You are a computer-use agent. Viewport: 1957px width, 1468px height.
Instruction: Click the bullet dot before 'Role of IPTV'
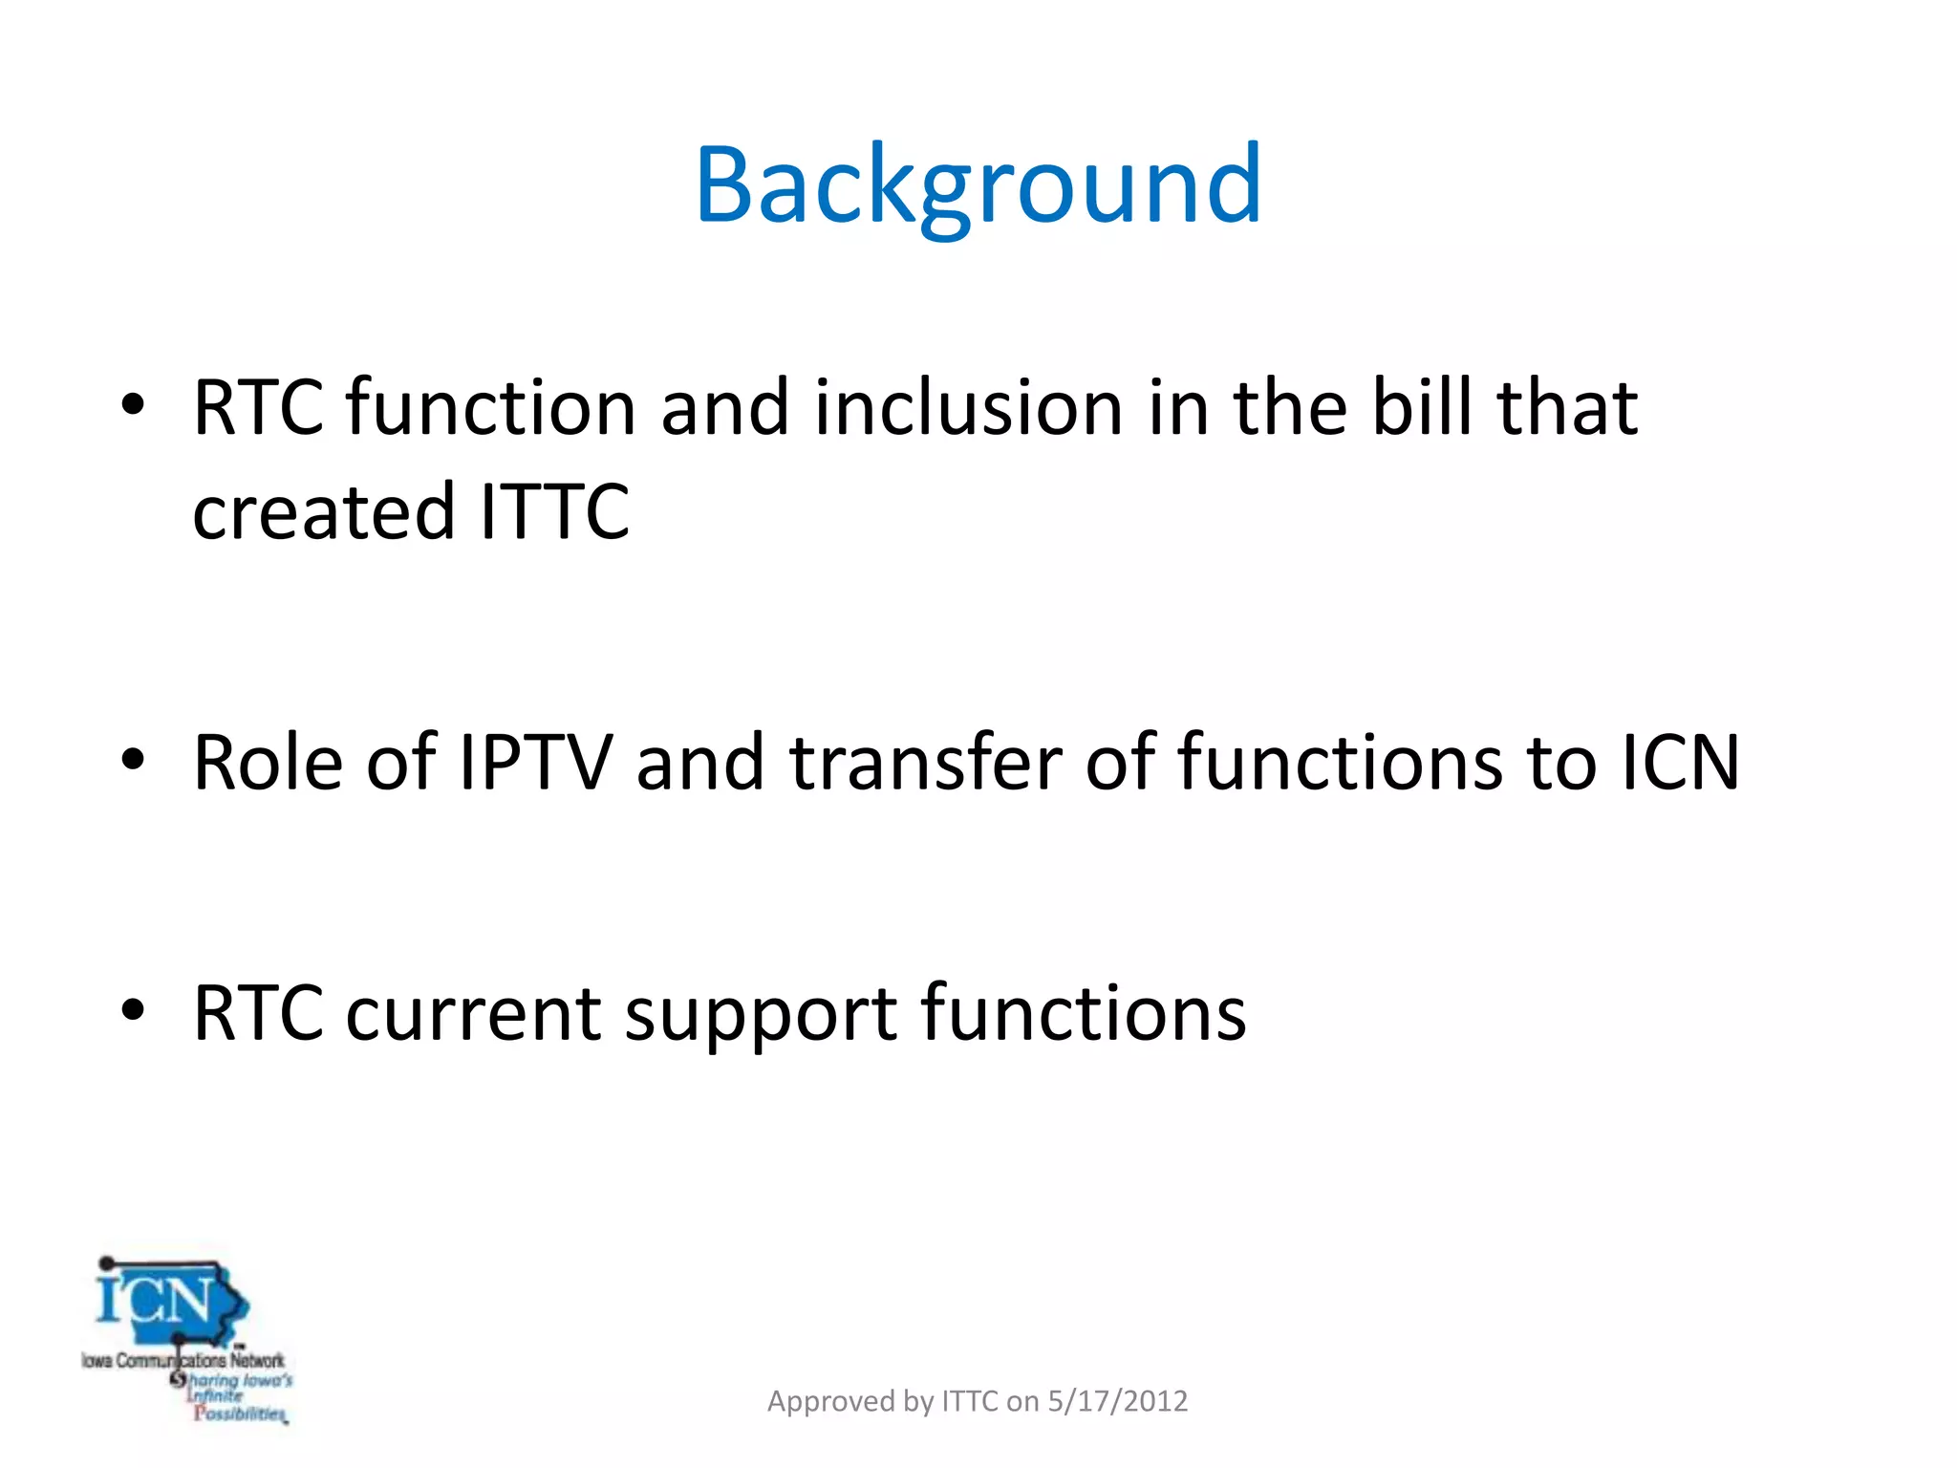(x=133, y=761)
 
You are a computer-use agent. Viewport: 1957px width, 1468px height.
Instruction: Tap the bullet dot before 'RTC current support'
(x=133, y=1010)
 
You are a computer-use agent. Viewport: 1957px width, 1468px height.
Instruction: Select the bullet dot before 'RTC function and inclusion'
(x=133, y=405)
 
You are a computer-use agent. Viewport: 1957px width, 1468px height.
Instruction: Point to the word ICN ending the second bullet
(x=1680, y=763)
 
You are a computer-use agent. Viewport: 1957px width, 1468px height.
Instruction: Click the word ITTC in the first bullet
(x=554, y=511)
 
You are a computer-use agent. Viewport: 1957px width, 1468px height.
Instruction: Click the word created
(x=323, y=511)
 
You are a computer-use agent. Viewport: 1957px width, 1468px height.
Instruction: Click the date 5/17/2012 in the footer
(x=1117, y=1401)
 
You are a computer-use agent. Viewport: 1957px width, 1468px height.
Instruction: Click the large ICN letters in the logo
(x=156, y=1301)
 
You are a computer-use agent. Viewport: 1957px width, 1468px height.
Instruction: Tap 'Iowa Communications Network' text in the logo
(x=183, y=1360)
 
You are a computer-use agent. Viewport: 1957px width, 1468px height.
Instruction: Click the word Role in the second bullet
(x=268, y=763)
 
